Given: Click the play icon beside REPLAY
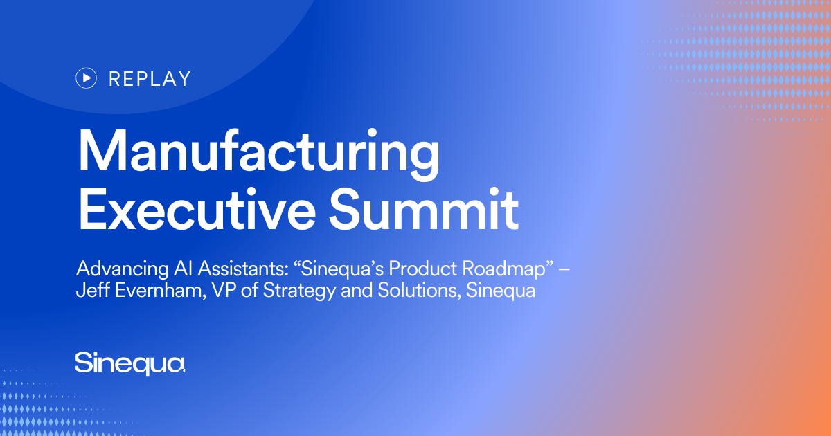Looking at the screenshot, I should (x=86, y=78).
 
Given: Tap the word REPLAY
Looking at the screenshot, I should (x=150, y=79).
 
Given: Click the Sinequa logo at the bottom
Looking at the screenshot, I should (x=130, y=363).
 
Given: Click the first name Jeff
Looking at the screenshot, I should (x=89, y=291).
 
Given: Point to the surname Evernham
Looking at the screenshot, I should (x=154, y=291).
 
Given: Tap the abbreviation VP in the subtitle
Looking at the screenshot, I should (x=215, y=291).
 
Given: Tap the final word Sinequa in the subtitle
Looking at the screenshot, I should (x=501, y=291).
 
